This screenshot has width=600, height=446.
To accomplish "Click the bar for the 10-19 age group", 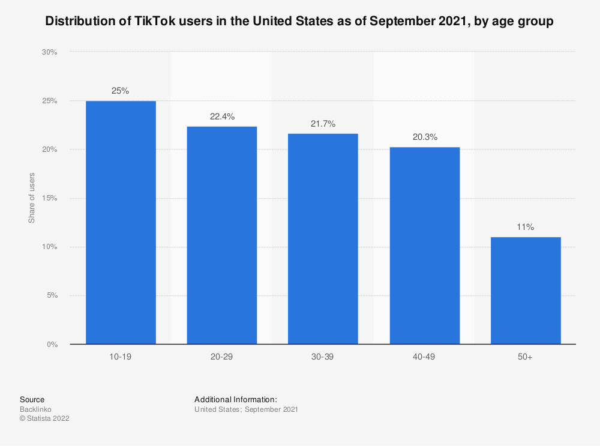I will pyautogui.click(x=121, y=223).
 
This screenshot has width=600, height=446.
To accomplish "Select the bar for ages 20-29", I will pyautogui.click(x=222, y=235).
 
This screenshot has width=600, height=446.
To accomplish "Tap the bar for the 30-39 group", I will pyautogui.click(x=323, y=239).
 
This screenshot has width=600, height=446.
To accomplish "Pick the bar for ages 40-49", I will pyautogui.click(x=424, y=246).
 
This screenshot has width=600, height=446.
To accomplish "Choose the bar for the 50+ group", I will pyautogui.click(x=526, y=291).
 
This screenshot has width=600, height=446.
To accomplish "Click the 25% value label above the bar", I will pyautogui.click(x=121, y=91).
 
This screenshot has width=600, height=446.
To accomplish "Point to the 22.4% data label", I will pyautogui.click(x=222, y=116).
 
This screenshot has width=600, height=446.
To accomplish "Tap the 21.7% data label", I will pyautogui.click(x=323, y=124).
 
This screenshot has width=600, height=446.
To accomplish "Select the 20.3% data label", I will pyautogui.click(x=424, y=137).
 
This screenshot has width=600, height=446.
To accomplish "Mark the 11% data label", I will pyautogui.click(x=526, y=228).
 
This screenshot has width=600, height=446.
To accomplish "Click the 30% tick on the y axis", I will pyautogui.click(x=49, y=52).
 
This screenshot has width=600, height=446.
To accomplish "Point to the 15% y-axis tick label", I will pyautogui.click(x=49, y=198).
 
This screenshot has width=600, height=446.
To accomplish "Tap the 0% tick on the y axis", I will pyautogui.click(x=52, y=345).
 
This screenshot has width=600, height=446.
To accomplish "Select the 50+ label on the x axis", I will pyautogui.click(x=526, y=357).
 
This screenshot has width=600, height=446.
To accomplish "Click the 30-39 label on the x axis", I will pyautogui.click(x=323, y=357).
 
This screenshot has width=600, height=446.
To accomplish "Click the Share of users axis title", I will pyautogui.click(x=32, y=198).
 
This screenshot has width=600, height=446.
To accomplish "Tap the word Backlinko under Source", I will pyautogui.click(x=35, y=409).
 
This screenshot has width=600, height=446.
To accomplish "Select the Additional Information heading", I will pyautogui.click(x=236, y=399).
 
